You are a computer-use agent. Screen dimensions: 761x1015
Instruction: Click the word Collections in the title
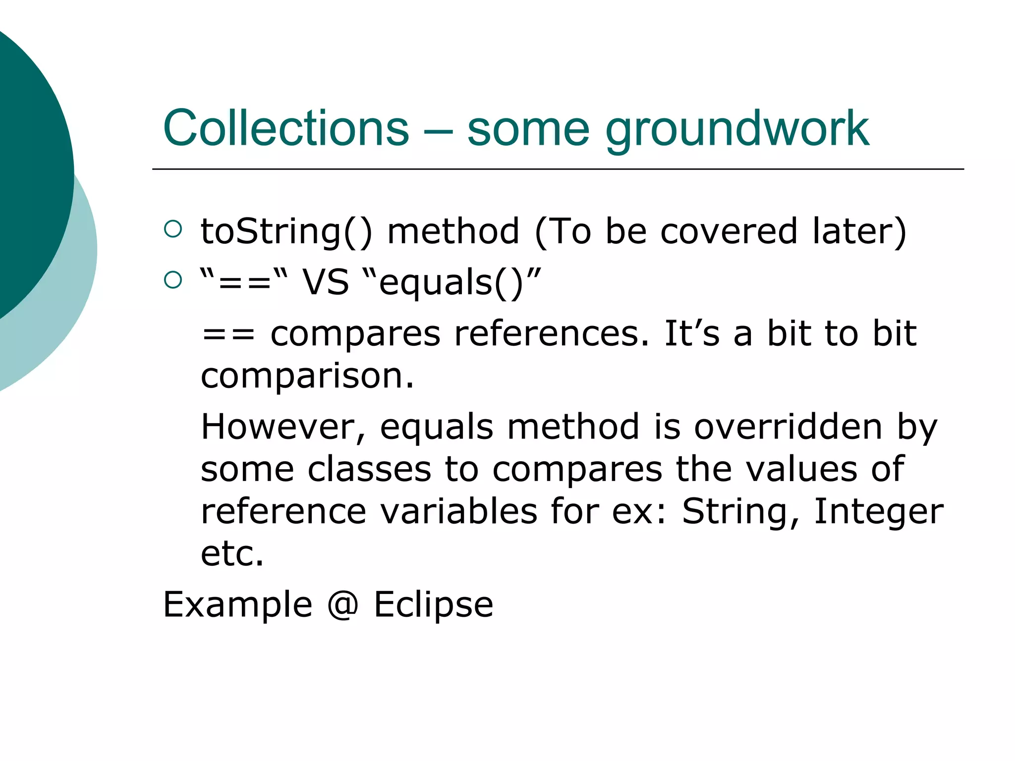(286, 128)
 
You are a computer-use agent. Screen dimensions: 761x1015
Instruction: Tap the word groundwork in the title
(737, 130)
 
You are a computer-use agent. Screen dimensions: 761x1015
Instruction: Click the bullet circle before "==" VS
(172, 280)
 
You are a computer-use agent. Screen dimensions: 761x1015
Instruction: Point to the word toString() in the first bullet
(286, 232)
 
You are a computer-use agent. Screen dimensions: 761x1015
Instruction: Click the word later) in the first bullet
(859, 232)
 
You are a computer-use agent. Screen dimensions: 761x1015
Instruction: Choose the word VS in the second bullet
(326, 282)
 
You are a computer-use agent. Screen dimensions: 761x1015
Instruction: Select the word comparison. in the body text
(307, 377)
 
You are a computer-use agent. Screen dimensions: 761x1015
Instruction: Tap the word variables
(458, 511)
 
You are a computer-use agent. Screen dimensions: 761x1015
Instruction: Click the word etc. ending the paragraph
(232, 554)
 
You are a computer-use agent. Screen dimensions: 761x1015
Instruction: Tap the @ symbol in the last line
(342, 605)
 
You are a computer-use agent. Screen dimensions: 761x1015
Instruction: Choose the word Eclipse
(433, 605)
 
